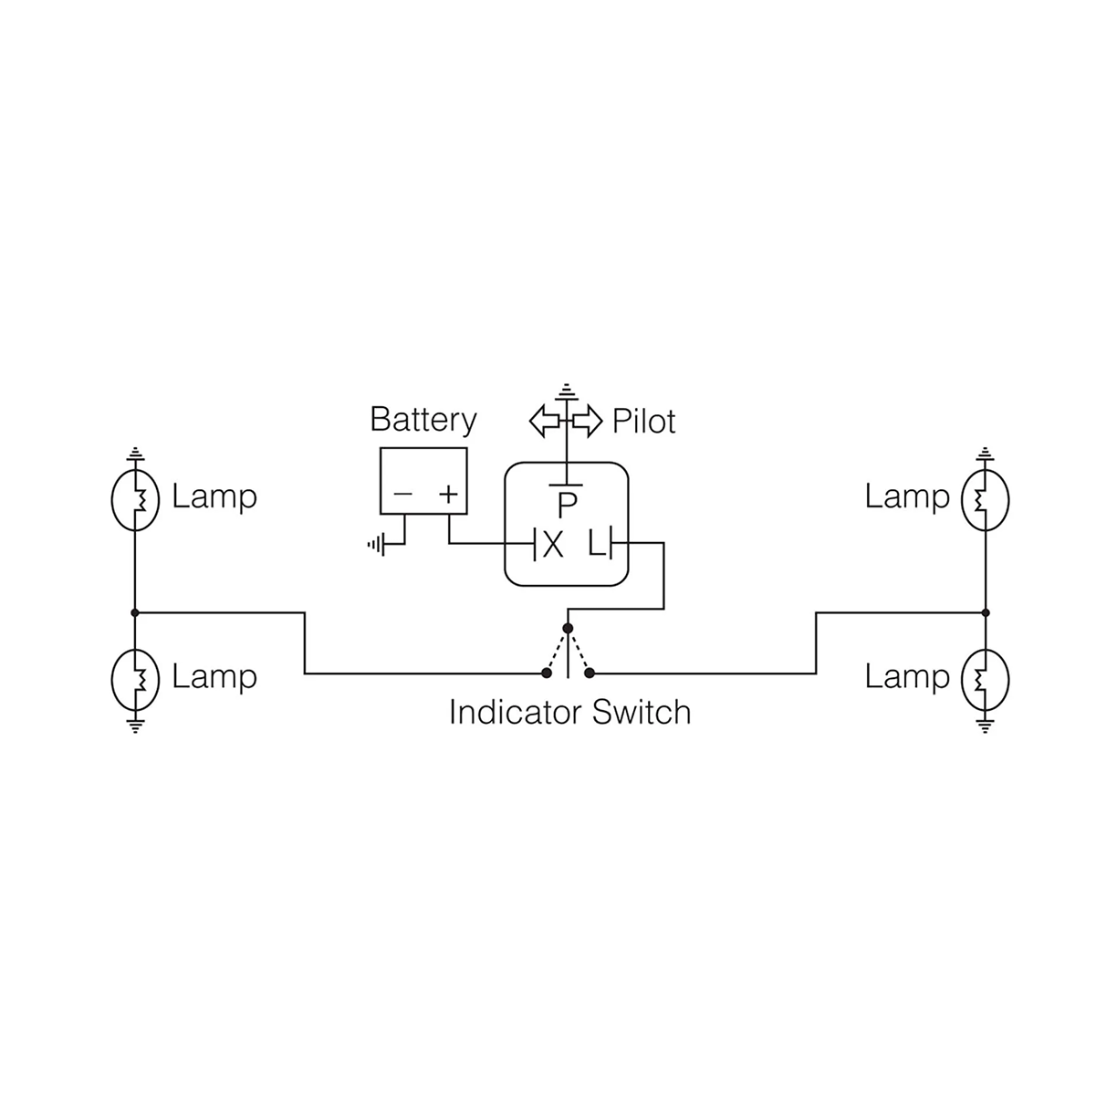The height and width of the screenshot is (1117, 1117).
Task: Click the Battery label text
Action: [423, 420]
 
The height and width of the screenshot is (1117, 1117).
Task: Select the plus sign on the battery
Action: [447, 495]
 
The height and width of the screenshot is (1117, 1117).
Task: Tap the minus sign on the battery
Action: [402, 495]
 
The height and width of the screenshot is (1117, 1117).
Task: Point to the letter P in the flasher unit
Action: [568, 505]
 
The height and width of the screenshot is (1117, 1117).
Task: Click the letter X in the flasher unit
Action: [553, 545]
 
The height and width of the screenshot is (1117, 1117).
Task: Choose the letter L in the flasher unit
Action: [596, 545]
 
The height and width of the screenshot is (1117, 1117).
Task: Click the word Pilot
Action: [643, 422]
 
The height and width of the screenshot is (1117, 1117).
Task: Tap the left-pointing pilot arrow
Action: [545, 421]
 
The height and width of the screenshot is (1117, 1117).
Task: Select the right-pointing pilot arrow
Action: [588, 421]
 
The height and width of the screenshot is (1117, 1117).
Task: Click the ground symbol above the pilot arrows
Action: [568, 391]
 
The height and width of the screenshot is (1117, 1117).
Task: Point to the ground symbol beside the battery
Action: [374, 545]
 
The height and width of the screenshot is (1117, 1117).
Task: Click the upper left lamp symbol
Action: [135, 499]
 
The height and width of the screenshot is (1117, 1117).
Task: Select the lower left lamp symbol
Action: [135, 678]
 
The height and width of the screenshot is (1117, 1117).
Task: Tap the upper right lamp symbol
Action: [985, 499]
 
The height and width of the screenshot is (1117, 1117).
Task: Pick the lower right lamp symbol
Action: [985, 678]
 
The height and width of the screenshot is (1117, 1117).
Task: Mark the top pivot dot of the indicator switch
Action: [568, 628]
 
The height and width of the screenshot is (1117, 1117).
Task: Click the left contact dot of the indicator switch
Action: [546, 673]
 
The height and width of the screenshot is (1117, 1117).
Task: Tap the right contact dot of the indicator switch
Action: [590, 673]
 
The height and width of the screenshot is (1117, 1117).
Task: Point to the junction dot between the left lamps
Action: [135, 612]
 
